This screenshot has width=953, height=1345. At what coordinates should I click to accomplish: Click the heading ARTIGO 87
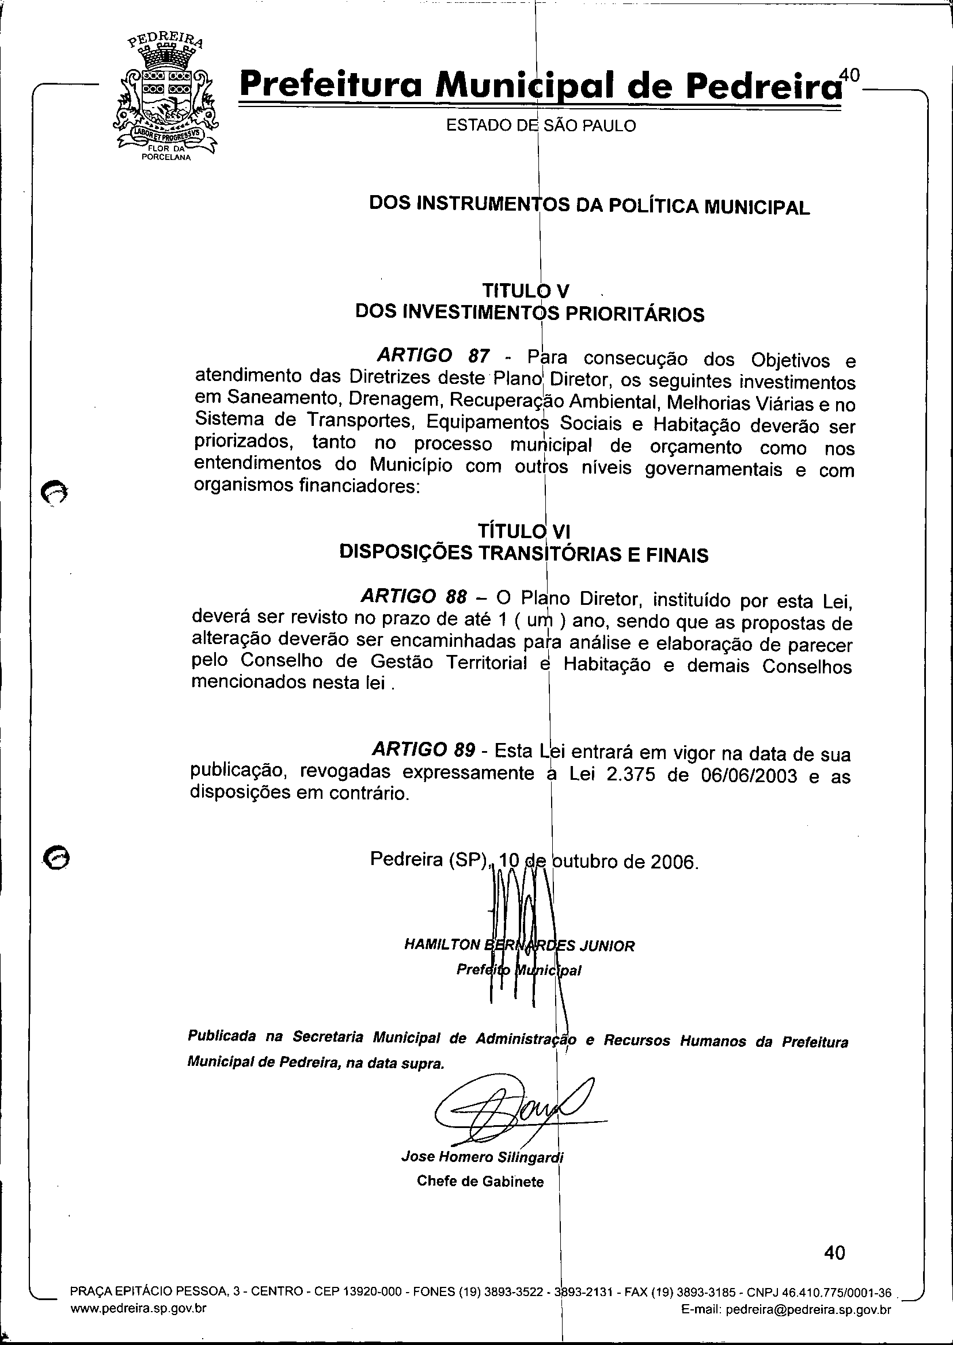tap(433, 356)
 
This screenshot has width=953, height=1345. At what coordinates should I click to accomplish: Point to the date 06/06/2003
tap(749, 776)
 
